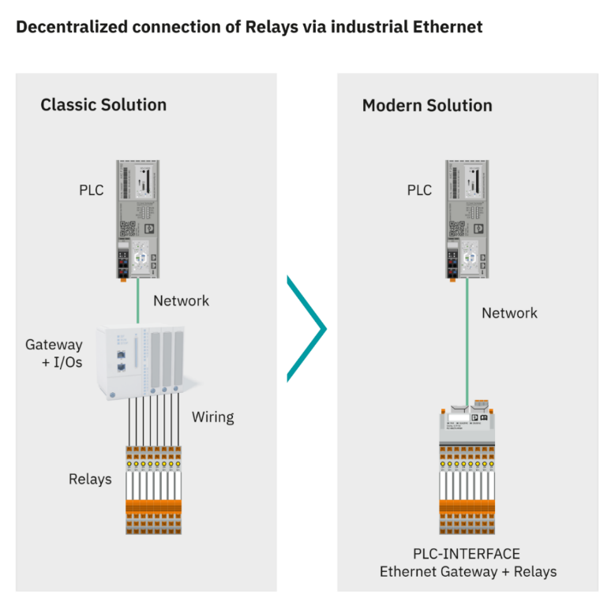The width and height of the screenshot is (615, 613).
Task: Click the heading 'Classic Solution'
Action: click(103, 105)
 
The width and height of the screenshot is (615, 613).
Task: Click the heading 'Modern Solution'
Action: click(426, 106)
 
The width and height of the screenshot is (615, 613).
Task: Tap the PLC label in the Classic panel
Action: click(91, 190)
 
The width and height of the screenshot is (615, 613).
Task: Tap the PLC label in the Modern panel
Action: click(419, 190)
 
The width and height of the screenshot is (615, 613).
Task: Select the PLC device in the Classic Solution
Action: click(138, 219)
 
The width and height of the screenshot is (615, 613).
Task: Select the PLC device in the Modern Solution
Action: click(467, 219)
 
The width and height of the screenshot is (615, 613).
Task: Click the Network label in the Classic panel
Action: click(181, 301)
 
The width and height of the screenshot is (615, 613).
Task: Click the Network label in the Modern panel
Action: click(509, 313)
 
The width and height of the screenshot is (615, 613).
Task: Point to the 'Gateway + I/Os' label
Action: click(54, 352)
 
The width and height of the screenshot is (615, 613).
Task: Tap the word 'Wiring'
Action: click(212, 417)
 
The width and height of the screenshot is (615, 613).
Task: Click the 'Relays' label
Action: click(90, 479)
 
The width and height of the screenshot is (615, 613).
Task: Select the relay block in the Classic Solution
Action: click(154, 490)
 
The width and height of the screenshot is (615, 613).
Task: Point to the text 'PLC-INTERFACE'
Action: click(467, 554)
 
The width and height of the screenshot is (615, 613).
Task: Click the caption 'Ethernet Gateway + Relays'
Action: click(467, 572)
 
